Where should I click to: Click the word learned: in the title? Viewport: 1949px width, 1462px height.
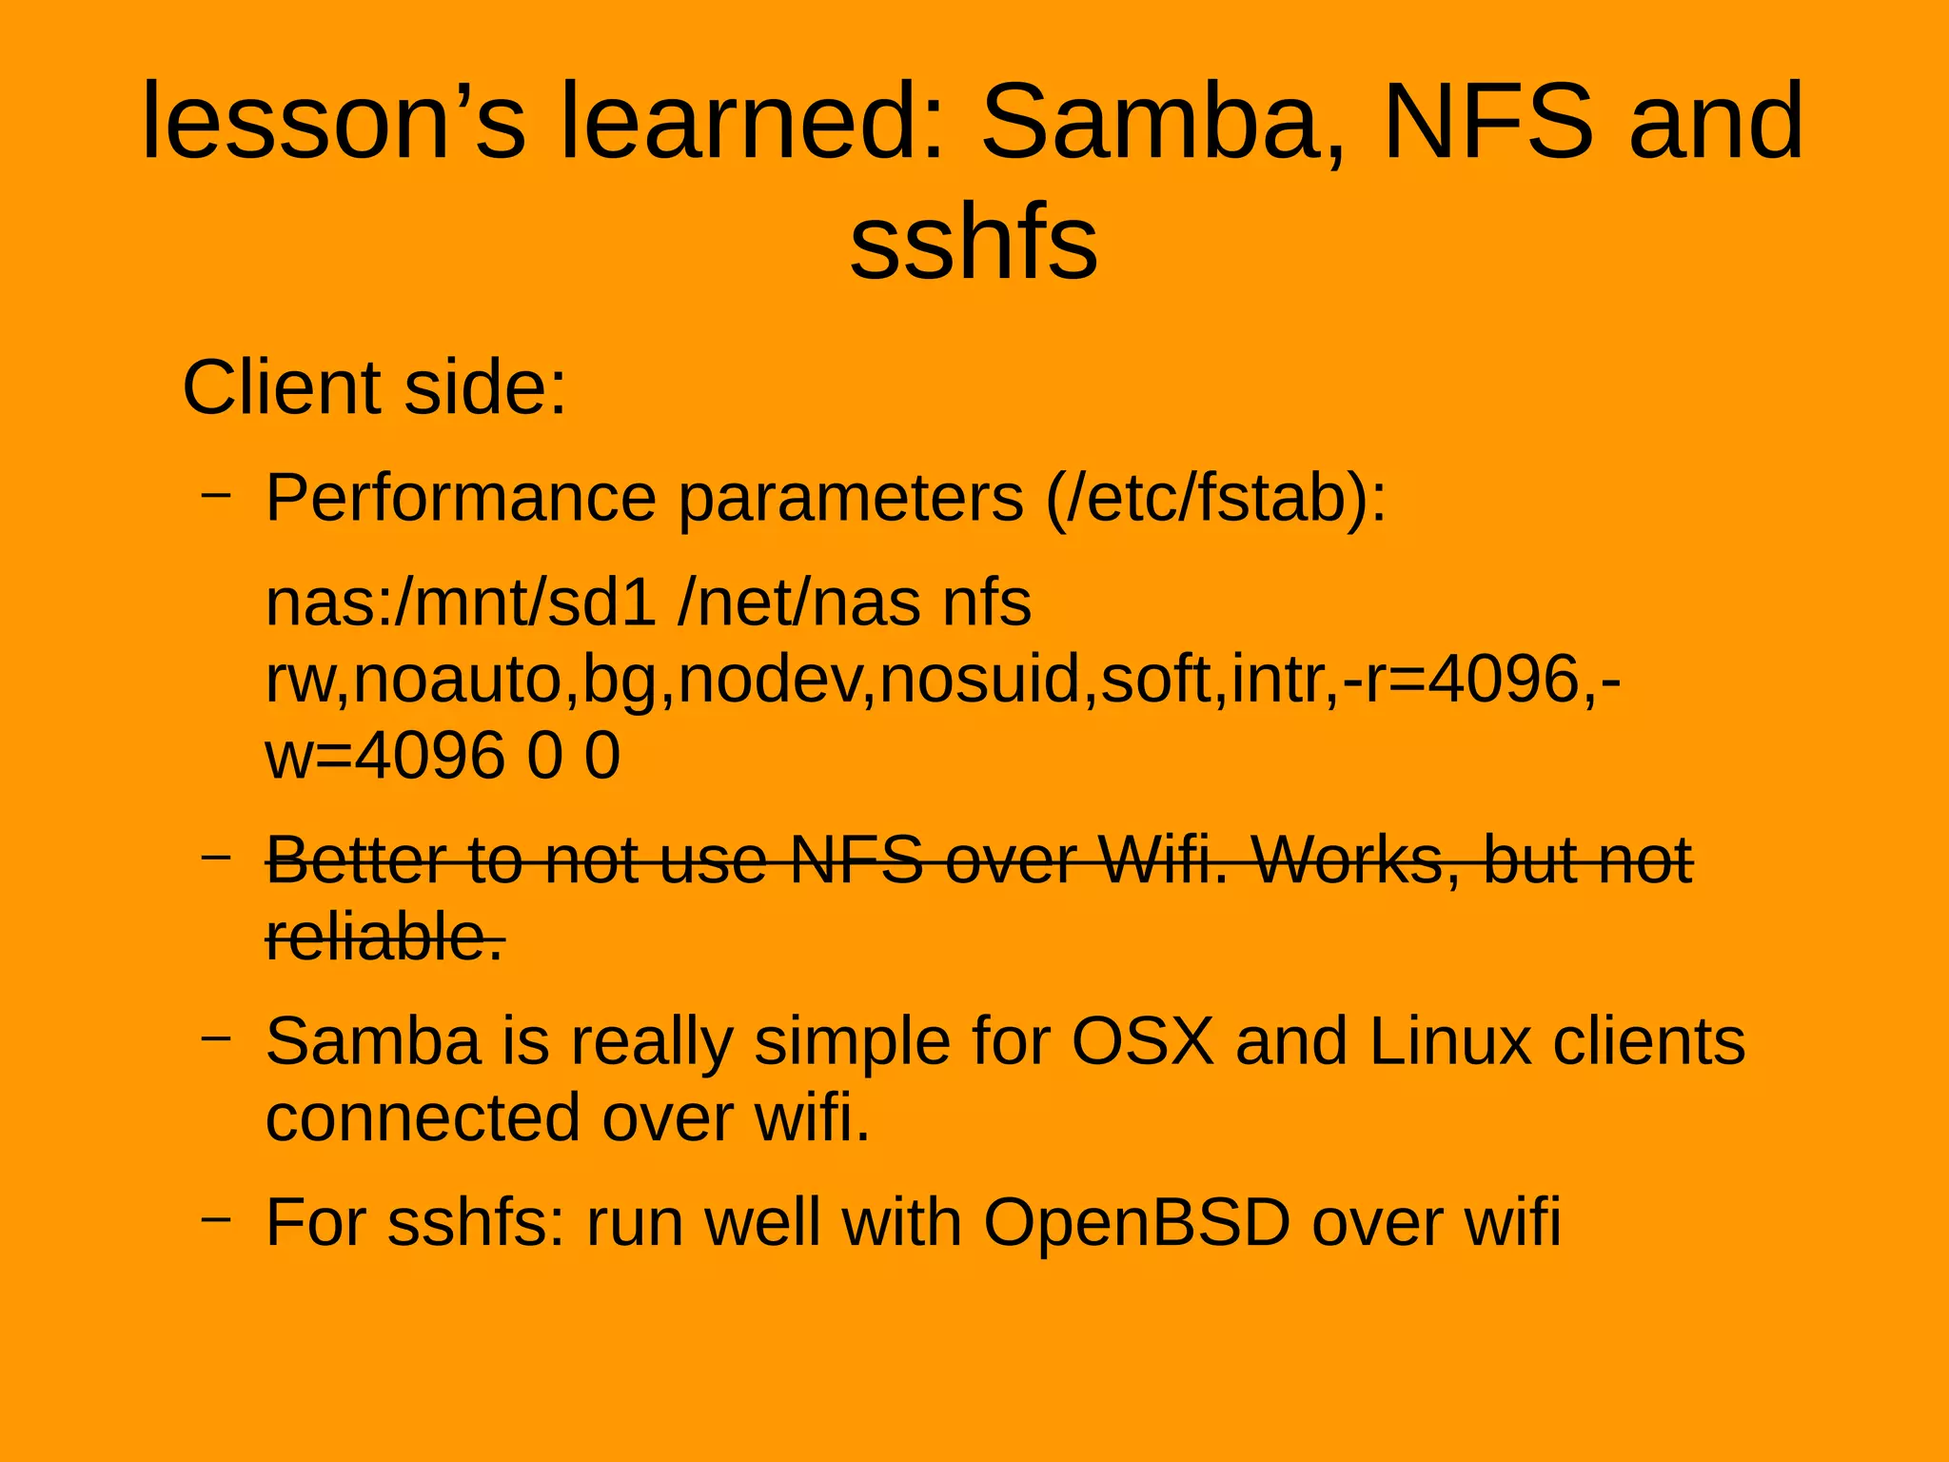[x=753, y=122]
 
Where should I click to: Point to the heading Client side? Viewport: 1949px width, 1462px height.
[x=374, y=387]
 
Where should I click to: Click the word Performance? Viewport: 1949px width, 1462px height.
[x=461, y=498]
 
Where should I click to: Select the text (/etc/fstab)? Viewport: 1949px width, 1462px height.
[x=1215, y=498]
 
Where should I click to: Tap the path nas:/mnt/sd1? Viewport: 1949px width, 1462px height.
[x=461, y=603]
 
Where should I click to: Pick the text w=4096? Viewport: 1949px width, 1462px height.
[x=384, y=757]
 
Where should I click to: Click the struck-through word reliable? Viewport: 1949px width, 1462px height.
[x=384, y=938]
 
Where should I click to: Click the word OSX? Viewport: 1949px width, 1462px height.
[x=1143, y=1041]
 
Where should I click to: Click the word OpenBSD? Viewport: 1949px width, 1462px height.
[x=1136, y=1222]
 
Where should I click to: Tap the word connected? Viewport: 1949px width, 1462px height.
[x=423, y=1118]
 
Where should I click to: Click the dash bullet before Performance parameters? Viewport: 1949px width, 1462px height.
[x=216, y=494]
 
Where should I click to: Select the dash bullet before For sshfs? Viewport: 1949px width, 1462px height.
[x=216, y=1217]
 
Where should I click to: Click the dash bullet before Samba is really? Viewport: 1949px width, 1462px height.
[x=216, y=1037]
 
